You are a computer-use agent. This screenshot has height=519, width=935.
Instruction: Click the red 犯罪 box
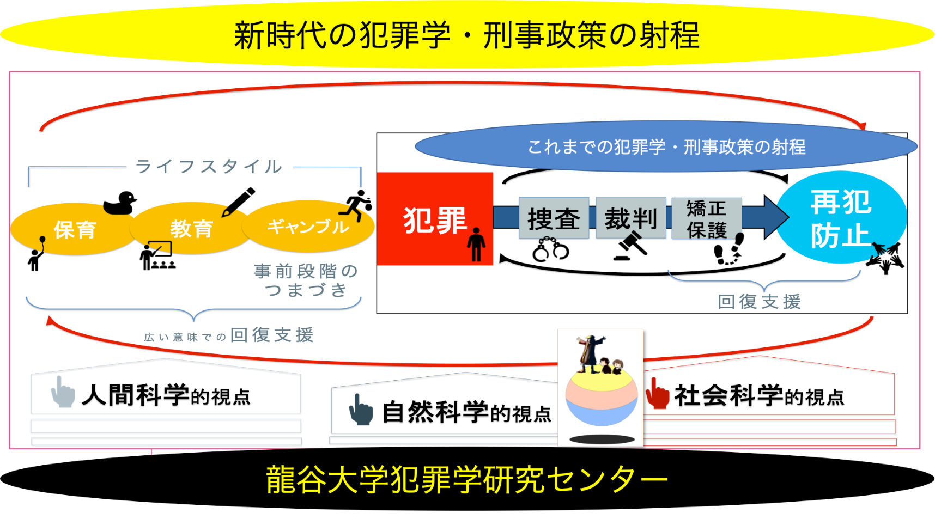pos(434,219)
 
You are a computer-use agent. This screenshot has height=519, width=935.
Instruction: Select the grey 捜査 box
pos(554,218)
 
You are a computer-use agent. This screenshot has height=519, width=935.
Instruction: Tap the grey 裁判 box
pos(631,218)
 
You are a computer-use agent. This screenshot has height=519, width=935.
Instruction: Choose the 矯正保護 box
pos(707,218)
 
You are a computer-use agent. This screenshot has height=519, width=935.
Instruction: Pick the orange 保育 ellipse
pos(74,229)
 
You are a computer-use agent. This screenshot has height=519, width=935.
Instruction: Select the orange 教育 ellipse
pos(191,228)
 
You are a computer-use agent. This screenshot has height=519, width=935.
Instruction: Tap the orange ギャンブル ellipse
pos(308,226)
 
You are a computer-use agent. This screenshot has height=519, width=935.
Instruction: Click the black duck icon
pos(120,203)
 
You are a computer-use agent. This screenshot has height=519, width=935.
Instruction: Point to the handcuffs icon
pos(550,249)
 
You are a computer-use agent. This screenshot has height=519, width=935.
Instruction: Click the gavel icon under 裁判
pos(631,246)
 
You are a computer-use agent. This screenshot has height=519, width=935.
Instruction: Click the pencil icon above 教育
pos(238,202)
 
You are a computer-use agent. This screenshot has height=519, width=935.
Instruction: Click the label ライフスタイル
pos(209,166)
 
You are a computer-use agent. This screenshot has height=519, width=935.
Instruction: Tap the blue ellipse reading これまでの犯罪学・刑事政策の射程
pos(666,146)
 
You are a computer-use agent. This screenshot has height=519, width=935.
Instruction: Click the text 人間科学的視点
pos(166,395)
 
